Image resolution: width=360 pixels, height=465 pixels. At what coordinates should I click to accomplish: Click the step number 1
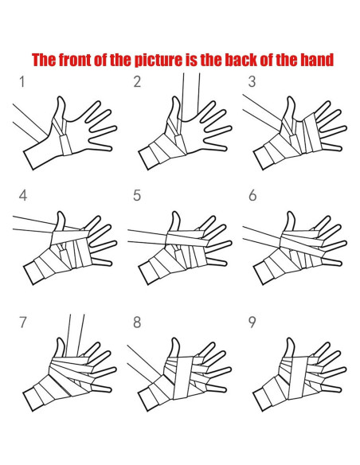(x=22, y=82)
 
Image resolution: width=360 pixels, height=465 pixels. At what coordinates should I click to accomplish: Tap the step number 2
(x=137, y=82)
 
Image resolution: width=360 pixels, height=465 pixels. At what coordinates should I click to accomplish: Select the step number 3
(x=252, y=82)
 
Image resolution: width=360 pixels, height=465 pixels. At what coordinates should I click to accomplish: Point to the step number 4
(x=23, y=196)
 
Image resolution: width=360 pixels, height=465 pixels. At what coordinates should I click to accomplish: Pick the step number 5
(x=137, y=196)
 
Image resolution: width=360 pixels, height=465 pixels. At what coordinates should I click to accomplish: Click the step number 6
(x=252, y=196)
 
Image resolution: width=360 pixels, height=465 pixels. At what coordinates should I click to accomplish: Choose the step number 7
(x=23, y=322)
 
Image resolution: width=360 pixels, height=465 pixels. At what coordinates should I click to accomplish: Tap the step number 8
(x=137, y=322)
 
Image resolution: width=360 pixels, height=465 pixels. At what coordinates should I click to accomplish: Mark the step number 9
(x=252, y=322)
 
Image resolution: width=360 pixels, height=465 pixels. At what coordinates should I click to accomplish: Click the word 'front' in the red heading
(x=76, y=60)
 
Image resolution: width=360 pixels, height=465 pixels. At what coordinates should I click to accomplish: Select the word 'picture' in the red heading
(x=158, y=61)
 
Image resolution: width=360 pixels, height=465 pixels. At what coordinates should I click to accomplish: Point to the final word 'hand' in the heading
(x=317, y=60)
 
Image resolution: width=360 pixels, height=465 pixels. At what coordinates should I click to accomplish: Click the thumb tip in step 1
(x=61, y=98)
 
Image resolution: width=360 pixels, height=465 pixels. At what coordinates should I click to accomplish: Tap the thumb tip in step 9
(x=290, y=339)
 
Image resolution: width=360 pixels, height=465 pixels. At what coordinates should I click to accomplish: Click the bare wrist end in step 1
(x=29, y=160)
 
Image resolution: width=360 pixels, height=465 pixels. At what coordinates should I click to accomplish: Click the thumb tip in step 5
(x=175, y=213)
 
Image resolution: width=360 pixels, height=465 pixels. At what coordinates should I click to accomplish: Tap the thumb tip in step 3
(x=291, y=98)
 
